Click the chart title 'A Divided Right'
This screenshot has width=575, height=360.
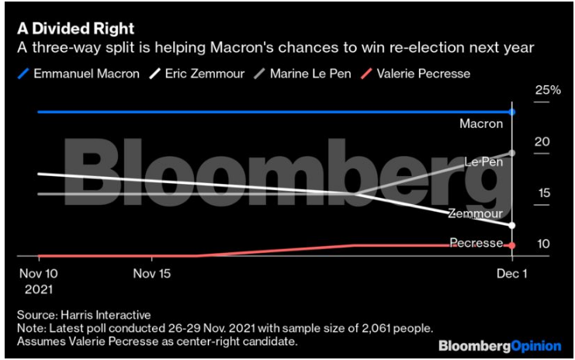76,29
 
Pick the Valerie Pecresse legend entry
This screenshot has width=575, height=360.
424,74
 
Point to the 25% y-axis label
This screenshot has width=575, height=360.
546,90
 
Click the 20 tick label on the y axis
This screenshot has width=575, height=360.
542,142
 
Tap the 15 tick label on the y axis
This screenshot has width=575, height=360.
542,192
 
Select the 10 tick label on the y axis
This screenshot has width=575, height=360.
542,244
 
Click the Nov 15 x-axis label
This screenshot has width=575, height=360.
151,274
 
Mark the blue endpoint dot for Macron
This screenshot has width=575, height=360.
512,112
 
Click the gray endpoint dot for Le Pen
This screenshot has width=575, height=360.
512,153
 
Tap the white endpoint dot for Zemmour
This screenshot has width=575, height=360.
512,225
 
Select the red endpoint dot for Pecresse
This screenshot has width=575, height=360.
512,245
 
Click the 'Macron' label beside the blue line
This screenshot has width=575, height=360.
481,124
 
